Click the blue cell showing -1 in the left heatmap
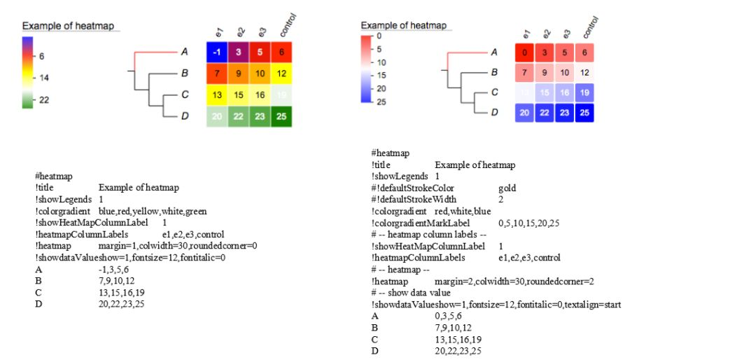pos(217,53)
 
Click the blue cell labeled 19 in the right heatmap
pos(584,92)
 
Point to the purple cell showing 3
pos(238,53)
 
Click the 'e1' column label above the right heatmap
pos(527,32)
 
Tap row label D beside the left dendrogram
pos(185,116)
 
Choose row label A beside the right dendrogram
pos(493,52)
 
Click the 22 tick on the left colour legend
pos(43,100)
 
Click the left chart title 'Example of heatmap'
pos(67,26)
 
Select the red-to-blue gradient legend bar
pos(366,69)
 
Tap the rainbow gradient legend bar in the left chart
pos(27,73)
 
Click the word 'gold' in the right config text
pos(507,188)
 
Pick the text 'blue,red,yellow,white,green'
pos(152,211)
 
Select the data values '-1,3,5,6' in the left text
pos(116,270)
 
